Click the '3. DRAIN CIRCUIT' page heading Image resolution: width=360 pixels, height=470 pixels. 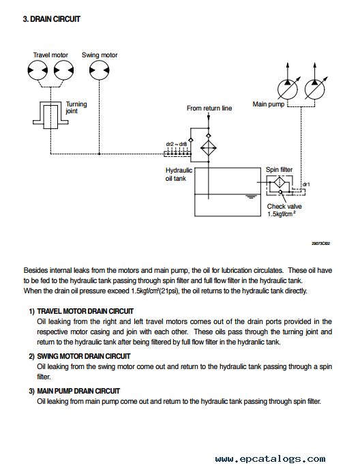[x=52, y=19]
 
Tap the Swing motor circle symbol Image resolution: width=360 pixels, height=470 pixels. [x=99, y=70]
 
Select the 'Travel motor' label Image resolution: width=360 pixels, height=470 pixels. [x=50, y=55]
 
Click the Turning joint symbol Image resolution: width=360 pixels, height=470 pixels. [x=50, y=115]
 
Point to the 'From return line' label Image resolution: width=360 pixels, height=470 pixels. [x=209, y=108]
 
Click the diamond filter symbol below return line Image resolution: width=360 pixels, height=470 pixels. [x=208, y=148]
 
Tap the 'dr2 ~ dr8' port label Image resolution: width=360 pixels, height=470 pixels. [x=177, y=144]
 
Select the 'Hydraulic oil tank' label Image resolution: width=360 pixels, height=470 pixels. [x=179, y=174]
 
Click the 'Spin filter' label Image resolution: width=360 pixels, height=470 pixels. [x=279, y=170]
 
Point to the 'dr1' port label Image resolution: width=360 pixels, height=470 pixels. [x=306, y=184]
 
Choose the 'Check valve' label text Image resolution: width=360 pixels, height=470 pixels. [x=284, y=207]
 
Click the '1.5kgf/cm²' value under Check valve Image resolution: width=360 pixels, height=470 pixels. [x=282, y=214]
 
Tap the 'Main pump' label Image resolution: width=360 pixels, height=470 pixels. [x=269, y=104]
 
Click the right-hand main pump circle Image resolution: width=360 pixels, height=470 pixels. [x=314, y=89]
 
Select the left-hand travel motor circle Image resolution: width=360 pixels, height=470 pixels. [x=37, y=70]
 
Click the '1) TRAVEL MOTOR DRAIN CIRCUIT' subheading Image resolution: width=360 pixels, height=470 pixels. [x=81, y=312]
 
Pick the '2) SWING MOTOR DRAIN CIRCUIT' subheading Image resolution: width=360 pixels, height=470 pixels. [x=80, y=356]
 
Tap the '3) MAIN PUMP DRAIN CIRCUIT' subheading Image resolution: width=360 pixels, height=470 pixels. [x=74, y=391]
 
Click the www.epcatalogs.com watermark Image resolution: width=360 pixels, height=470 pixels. [x=270, y=458]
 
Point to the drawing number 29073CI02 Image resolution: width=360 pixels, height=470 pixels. [x=320, y=244]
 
